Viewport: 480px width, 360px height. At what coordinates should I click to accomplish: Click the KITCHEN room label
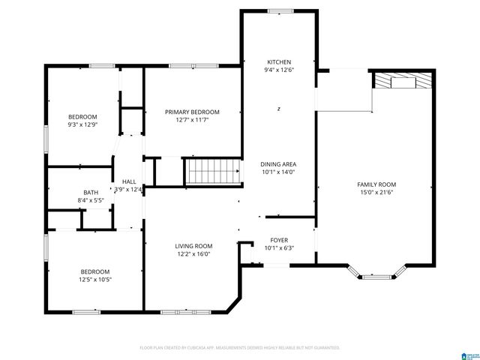[278, 61]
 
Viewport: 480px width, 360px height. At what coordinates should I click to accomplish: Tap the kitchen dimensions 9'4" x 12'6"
[278, 70]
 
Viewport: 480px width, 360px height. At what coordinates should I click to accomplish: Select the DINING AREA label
[278, 163]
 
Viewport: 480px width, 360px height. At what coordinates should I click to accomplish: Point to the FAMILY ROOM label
[376, 184]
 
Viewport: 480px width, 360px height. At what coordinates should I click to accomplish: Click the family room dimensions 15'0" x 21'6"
[376, 193]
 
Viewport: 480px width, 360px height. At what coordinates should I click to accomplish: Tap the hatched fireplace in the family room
[403, 81]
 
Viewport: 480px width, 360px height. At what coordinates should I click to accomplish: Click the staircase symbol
[213, 172]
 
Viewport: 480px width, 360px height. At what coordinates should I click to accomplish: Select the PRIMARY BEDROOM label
[193, 111]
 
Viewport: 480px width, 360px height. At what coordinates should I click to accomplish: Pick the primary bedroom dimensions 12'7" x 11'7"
[193, 119]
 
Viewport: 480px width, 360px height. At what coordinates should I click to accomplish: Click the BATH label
[90, 192]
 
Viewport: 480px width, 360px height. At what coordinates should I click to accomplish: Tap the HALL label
[129, 181]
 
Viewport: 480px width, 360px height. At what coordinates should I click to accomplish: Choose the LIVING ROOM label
[193, 245]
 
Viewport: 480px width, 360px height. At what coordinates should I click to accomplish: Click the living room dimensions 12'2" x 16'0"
[193, 253]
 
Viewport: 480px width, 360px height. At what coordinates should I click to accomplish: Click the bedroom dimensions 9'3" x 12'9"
[82, 125]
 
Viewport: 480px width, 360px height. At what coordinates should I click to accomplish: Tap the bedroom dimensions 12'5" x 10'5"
[95, 280]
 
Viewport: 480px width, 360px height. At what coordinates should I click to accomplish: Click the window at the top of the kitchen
[280, 10]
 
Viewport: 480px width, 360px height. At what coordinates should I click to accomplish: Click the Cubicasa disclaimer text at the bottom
[240, 348]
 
